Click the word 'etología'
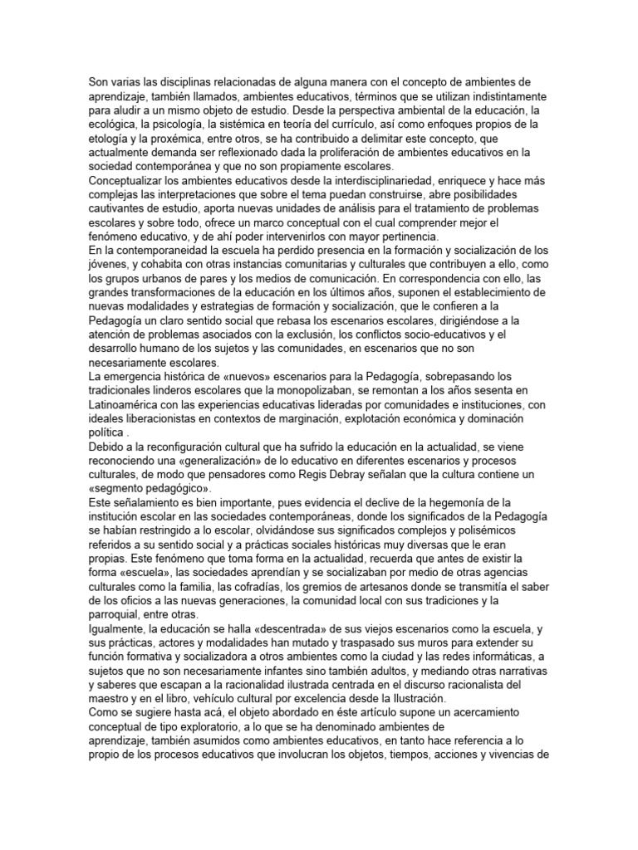(111, 138)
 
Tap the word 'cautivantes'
(120, 208)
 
